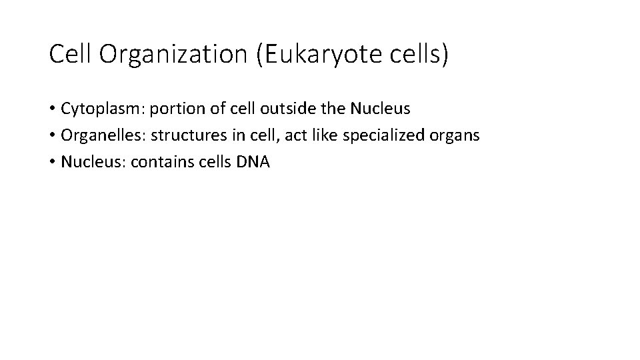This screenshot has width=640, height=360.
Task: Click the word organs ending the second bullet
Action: click(x=456, y=137)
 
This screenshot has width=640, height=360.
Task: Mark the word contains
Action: click(x=161, y=163)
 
